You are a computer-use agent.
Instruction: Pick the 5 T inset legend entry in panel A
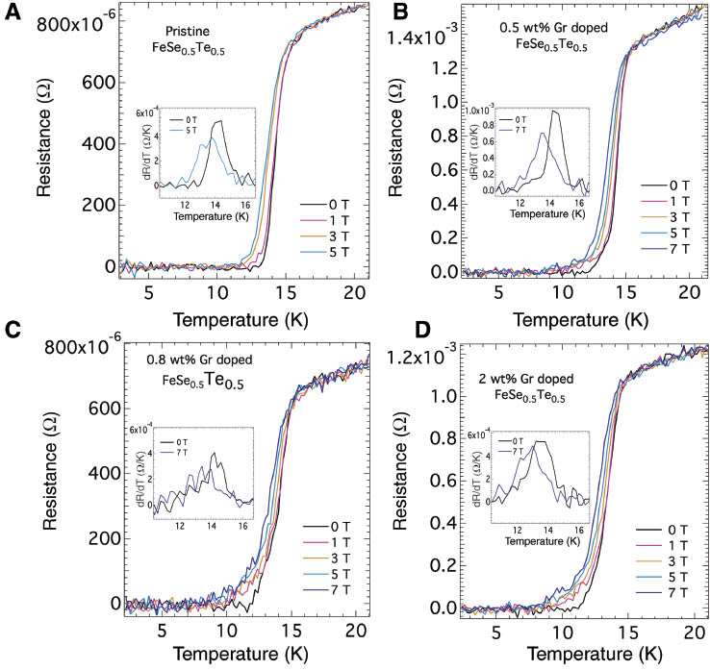point(196,131)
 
